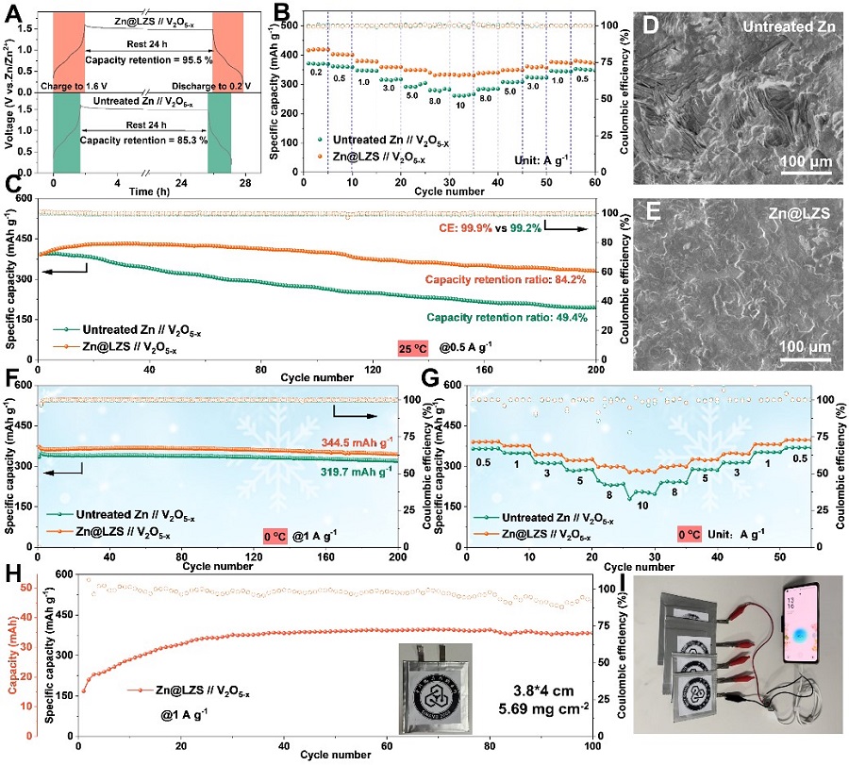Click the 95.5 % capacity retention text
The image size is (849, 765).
pos(148,59)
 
